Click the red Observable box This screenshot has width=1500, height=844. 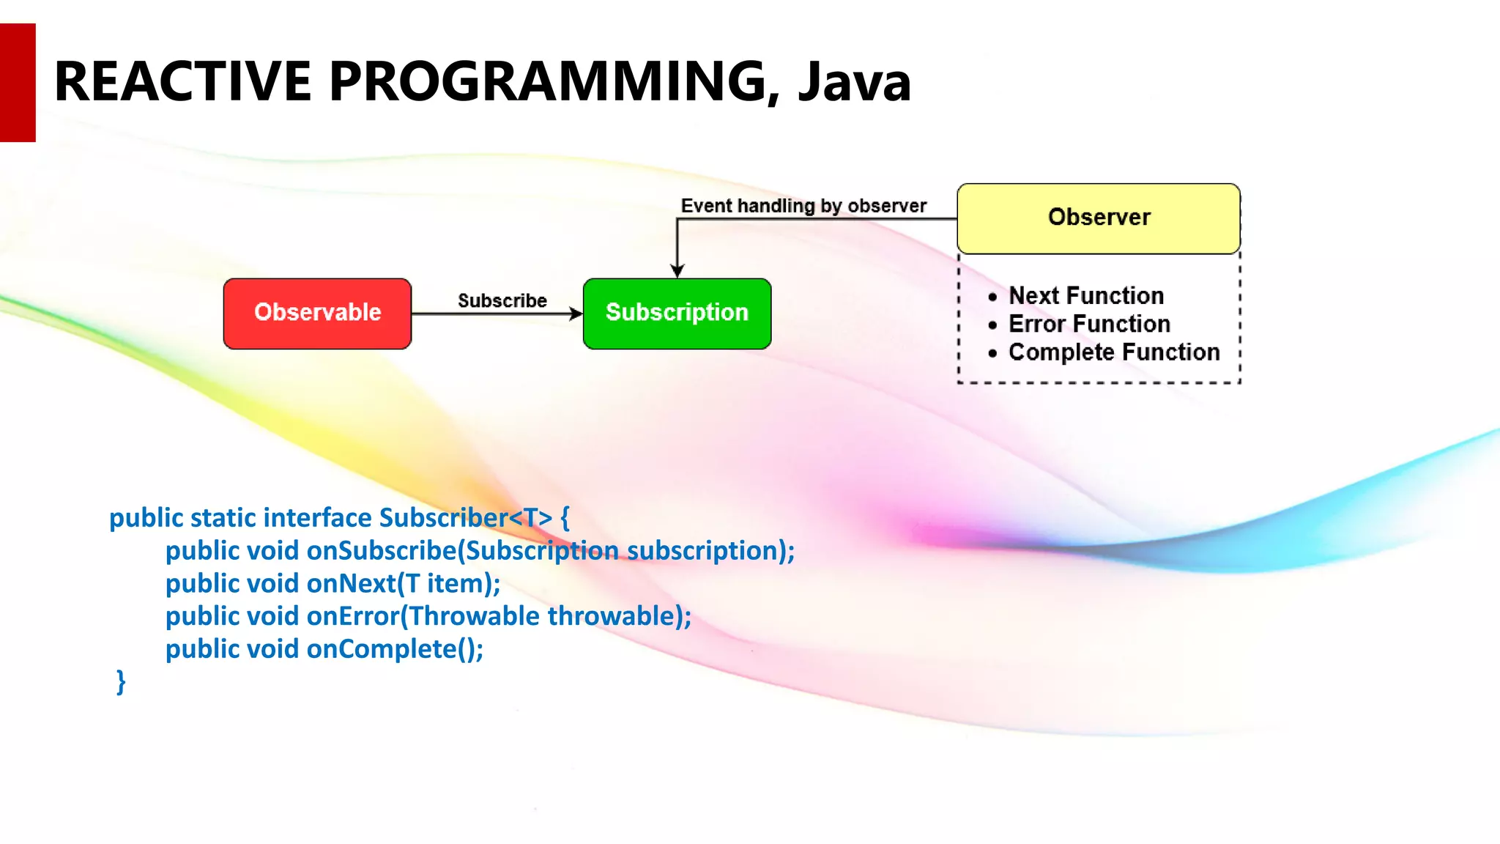317,313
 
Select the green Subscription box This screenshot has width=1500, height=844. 677,313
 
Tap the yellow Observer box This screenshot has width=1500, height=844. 1098,218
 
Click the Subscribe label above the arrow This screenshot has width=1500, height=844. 502,300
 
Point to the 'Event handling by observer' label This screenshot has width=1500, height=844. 803,206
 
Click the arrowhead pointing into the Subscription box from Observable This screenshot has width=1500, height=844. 576,314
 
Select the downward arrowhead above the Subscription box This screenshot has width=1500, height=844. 677,271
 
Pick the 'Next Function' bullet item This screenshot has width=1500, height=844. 1085,295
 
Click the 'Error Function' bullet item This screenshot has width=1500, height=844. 1088,324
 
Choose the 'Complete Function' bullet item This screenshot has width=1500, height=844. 1113,352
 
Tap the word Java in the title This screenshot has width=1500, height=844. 854,82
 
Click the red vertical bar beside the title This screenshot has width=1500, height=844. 18,82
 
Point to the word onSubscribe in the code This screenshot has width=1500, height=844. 381,550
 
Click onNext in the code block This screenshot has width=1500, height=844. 352,583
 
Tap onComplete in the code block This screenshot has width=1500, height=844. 381,649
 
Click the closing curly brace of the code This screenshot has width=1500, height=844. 121,681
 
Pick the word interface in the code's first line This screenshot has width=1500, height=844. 317,517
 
